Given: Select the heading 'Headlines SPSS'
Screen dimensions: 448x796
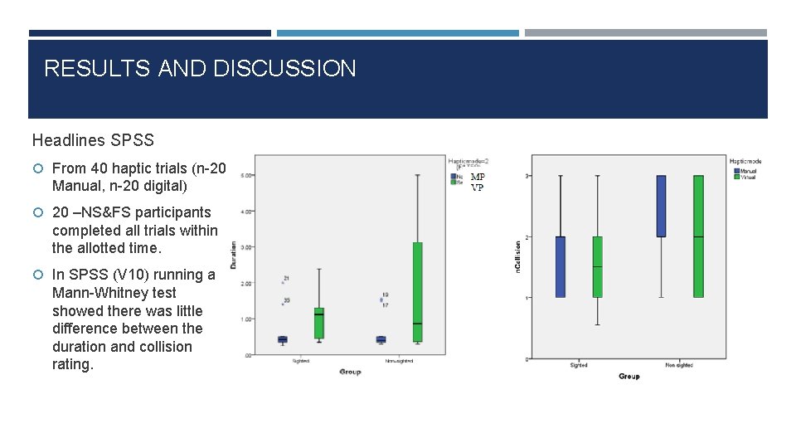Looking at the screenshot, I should [93, 141].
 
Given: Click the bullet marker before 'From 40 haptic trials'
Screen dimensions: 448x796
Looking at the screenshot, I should [39, 168].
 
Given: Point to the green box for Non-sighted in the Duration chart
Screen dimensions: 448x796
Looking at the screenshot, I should [417, 291].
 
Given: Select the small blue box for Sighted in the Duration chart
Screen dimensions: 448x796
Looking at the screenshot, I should [282, 338].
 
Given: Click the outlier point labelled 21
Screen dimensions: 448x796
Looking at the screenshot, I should [286, 278].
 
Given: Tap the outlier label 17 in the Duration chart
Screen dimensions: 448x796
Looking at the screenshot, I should [386, 305].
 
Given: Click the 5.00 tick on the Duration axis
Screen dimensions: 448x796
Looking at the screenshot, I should [246, 175].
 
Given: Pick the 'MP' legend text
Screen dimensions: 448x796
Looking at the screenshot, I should [478, 177].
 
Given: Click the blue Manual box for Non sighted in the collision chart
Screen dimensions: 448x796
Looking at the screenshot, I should [661, 206].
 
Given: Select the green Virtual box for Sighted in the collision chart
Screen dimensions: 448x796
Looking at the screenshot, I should [597, 266].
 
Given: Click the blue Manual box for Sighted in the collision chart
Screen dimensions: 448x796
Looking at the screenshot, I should [561, 266].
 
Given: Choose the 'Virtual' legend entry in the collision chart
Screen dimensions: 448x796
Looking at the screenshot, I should [749, 177].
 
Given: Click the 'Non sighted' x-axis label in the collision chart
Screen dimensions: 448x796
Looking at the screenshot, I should [679, 365].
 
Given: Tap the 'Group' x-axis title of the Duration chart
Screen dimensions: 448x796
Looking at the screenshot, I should [350, 372].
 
